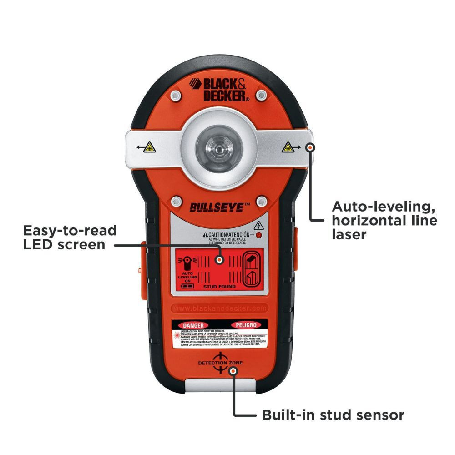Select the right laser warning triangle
tap(287, 147)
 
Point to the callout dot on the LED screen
tap(219, 260)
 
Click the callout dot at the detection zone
tap(233, 371)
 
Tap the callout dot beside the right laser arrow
tap(311, 147)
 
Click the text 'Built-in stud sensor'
tap(333, 415)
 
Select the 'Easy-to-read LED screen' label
tap(70, 237)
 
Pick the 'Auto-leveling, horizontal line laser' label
tap(384, 220)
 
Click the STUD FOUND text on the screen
tap(219, 287)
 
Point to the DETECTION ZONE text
tap(219, 363)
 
